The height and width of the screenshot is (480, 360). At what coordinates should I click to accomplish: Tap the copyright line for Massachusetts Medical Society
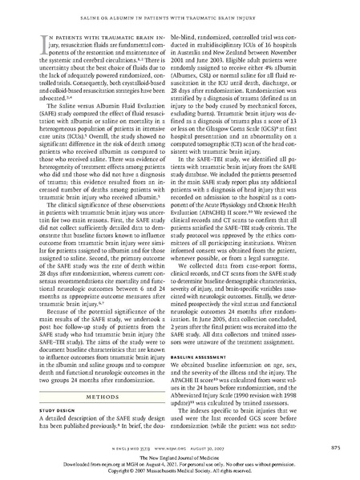tap(180, 474)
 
